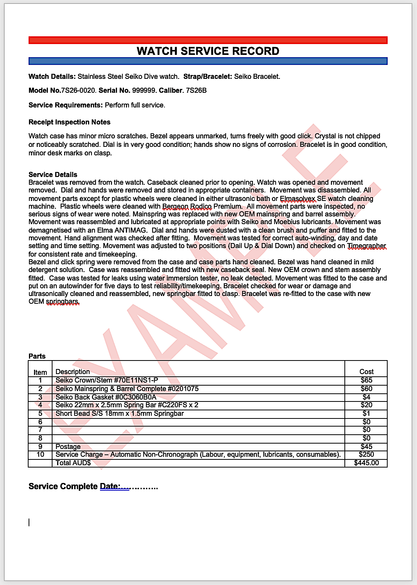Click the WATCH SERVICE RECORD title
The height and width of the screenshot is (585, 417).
[x=208, y=51]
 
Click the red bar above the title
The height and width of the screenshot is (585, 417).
[x=208, y=40]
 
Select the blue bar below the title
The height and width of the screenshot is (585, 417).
[x=208, y=61]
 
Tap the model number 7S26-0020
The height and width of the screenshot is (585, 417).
[x=78, y=90]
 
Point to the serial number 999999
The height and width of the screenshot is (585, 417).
[x=144, y=90]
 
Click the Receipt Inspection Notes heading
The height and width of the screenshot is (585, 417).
[x=69, y=122]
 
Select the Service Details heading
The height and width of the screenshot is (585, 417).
[x=53, y=175]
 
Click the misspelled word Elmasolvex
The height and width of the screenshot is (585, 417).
[x=297, y=199]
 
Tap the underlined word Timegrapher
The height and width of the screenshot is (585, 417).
[x=366, y=246]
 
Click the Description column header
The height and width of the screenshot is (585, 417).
[x=73, y=372]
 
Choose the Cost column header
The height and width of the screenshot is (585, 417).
[x=366, y=372]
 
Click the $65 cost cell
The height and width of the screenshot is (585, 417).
[x=366, y=380]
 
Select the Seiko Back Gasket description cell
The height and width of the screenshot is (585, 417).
[x=106, y=397]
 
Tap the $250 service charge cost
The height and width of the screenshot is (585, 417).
[x=366, y=454]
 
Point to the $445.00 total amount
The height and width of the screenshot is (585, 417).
[x=366, y=463]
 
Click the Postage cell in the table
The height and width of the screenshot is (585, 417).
[x=68, y=447]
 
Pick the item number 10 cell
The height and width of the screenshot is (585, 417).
[x=40, y=454]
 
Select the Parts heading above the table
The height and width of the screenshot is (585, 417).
[x=37, y=356]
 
